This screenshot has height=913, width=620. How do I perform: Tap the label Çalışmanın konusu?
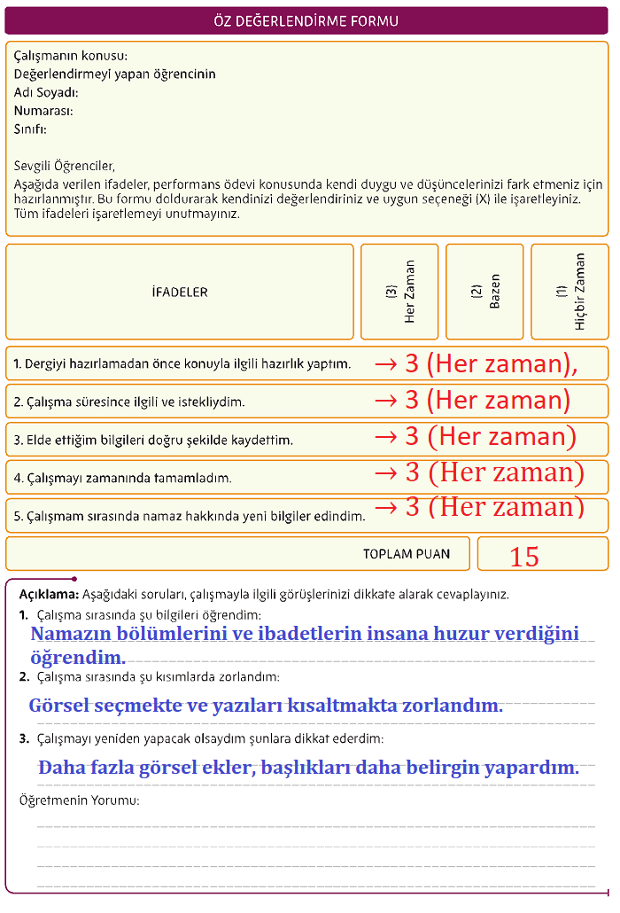click(x=71, y=56)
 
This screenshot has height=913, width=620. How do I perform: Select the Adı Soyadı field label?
click(x=46, y=92)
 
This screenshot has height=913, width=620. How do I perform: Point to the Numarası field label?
click(x=43, y=111)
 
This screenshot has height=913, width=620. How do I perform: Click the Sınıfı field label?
click(x=30, y=129)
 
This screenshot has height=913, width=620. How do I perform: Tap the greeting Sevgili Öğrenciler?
click(x=65, y=166)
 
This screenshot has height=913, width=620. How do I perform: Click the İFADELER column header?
click(x=180, y=292)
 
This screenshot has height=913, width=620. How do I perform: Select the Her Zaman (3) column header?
click(x=400, y=292)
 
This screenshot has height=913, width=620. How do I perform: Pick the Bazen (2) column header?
click(x=485, y=292)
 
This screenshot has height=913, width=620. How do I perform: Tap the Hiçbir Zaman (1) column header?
click(x=570, y=292)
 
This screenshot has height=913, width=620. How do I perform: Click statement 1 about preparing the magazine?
click(x=182, y=364)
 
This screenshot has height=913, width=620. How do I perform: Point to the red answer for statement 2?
click(x=472, y=401)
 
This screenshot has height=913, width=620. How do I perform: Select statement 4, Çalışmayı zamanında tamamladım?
click(x=122, y=478)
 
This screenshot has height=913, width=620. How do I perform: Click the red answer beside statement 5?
click(x=479, y=507)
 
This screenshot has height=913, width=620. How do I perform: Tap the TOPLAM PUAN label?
click(x=406, y=554)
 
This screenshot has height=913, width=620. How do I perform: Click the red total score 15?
click(x=524, y=557)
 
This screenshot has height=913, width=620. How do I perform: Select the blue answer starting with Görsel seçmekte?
click(x=266, y=706)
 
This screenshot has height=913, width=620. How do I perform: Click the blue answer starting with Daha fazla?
click(x=308, y=768)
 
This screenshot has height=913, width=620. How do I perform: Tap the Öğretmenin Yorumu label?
click(x=79, y=800)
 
